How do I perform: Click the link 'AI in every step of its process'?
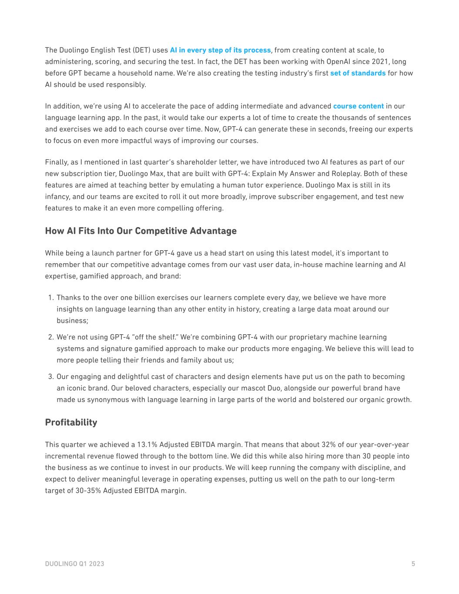click(x=220, y=50)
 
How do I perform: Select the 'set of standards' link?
click(x=358, y=73)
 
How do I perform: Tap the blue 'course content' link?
click(x=358, y=106)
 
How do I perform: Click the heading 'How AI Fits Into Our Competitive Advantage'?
click(x=141, y=231)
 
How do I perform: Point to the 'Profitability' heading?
click(x=71, y=423)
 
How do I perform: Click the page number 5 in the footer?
click(x=413, y=564)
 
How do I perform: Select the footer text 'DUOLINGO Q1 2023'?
click(x=74, y=564)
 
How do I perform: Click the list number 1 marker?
click(x=50, y=298)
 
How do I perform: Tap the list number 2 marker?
click(x=50, y=337)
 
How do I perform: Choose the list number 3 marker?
click(x=50, y=377)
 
